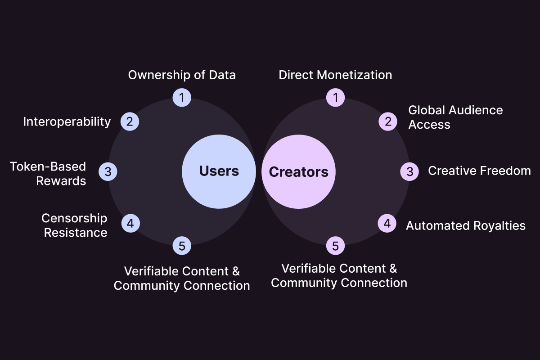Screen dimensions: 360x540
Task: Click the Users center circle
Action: (x=219, y=171)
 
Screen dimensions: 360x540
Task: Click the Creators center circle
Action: (x=298, y=171)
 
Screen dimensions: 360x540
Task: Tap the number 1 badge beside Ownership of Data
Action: (x=182, y=97)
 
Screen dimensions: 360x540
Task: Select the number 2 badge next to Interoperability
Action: (x=130, y=121)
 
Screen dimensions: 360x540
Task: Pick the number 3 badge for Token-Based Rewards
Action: (x=108, y=171)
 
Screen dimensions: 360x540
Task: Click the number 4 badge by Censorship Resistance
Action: (x=130, y=223)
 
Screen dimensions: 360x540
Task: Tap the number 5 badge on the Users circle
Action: (x=182, y=246)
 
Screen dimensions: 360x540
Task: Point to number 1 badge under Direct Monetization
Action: (x=335, y=97)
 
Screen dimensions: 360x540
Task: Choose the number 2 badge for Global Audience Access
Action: (x=387, y=121)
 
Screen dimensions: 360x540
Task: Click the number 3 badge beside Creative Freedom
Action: (x=409, y=171)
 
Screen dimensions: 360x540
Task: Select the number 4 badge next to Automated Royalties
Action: (x=387, y=223)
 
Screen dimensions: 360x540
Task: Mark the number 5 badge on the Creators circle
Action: (x=335, y=246)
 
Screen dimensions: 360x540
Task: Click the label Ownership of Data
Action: (x=182, y=75)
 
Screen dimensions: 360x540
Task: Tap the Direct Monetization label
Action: (x=335, y=75)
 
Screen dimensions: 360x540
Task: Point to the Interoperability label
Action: (x=67, y=121)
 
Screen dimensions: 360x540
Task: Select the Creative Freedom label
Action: (x=479, y=171)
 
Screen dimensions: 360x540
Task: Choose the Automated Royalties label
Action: (x=466, y=225)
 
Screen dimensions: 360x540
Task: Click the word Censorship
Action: (x=75, y=218)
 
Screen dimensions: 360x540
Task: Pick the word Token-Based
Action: (x=48, y=166)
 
